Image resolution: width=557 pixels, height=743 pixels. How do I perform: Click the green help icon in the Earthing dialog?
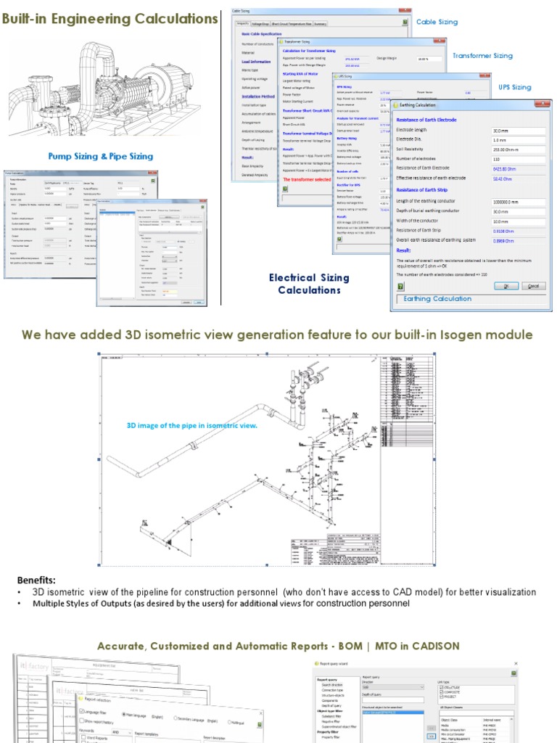click(400, 287)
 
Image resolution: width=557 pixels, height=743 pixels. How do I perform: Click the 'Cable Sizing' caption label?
click(437, 22)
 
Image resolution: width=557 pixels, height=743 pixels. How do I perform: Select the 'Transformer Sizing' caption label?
click(482, 55)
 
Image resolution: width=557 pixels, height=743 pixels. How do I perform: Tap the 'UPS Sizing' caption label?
click(515, 87)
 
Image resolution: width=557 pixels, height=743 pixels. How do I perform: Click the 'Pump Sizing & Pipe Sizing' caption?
click(100, 156)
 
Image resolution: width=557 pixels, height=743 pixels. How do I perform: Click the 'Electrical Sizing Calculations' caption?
click(309, 284)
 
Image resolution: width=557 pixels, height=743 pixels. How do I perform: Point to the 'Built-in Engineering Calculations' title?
click(110, 19)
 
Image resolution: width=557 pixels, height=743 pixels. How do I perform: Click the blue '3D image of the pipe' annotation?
click(192, 425)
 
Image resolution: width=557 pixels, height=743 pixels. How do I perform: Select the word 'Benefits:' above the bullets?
click(36, 580)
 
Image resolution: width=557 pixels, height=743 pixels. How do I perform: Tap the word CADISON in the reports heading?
click(433, 646)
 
